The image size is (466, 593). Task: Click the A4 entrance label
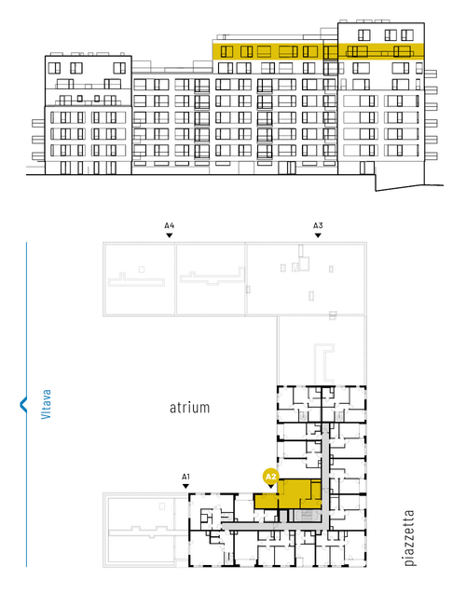[x=170, y=226]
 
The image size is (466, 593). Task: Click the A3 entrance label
[x=318, y=226]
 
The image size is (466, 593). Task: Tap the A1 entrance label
[x=185, y=477]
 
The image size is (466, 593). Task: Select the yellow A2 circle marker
[x=271, y=477]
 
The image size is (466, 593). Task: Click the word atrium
[x=189, y=408]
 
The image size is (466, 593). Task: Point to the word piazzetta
[x=409, y=538]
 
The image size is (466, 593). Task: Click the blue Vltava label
[x=46, y=404]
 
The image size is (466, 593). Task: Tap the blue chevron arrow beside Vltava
[x=23, y=404]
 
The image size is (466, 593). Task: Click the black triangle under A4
[x=170, y=236]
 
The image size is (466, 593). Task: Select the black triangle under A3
[x=318, y=236]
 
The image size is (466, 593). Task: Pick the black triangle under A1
[x=185, y=486]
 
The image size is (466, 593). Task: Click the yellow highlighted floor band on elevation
[x=318, y=51]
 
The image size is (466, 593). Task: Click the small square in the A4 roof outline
[x=142, y=269]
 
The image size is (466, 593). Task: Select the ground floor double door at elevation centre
[x=287, y=168]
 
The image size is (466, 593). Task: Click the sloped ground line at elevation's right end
[x=409, y=188]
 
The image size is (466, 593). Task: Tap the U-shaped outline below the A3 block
[x=324, y=363]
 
